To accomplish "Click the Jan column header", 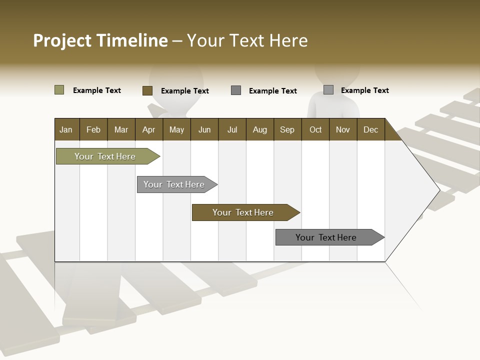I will pyautogui.click(x=66, y=130).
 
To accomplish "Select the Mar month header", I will pyautogui.click(x=121, y=130).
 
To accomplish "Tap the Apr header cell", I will pyautogui.click(x=148, y=130).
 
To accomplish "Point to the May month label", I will pyautogui.click(x=176, y=130).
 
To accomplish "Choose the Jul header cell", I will pyautogui.click(x=232, y=130).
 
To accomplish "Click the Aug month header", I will pyautogui.click(x=259, y=130).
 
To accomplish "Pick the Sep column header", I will pyautogui.click(x=287, y=130).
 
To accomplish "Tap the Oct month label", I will pyautogui.click(x=315, y=130).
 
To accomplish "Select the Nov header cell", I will pyautogui.click(x=342, y=130).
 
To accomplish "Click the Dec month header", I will pyautogui.click(x=370, y=130).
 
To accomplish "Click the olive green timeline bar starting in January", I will pyautogui.click(x=105, y=156).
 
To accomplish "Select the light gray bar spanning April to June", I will pyautogui.click(x=174, y=184).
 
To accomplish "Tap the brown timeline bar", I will pyautogui.click(x=243, y=212).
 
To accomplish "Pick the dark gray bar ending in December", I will pyautogui.click(x=326, y=237).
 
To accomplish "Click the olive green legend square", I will pyautogui.click(x=59, y=90).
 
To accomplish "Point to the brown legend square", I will pyautogui.click(x=147, y=90).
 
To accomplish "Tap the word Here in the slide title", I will pyautogui.click(x=288, y=40).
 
